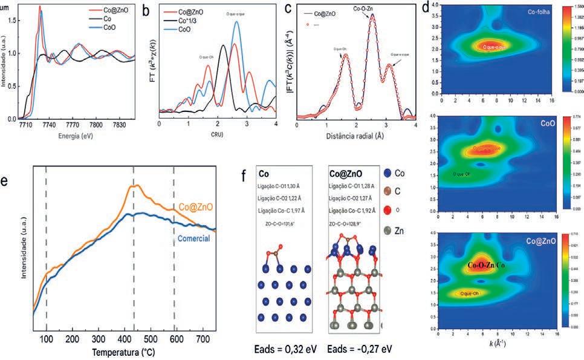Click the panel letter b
click(x=146, y=10)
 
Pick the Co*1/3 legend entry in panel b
click(x=189, y=21)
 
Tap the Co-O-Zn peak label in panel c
click(x=366, y=10)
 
